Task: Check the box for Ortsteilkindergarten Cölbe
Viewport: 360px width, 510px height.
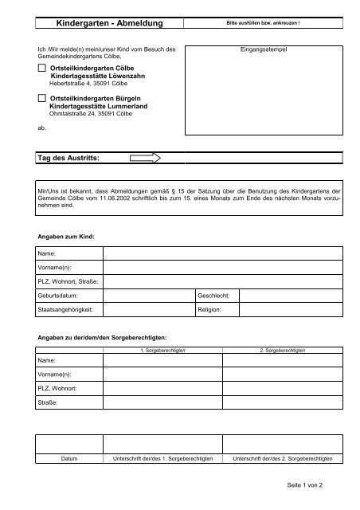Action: click(x=42, y=70)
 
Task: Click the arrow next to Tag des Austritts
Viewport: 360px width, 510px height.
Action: click(x=144, y=159)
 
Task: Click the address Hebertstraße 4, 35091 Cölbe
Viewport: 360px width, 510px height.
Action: click(x=88, y=84)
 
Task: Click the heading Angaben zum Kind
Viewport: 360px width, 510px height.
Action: click(x=66, y=237)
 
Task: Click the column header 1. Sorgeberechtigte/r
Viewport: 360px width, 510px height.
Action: click(x=162, y=350)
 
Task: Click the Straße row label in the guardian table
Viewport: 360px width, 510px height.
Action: click(x=49, y=402)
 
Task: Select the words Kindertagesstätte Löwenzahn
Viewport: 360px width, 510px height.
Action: click(x=95, y=77)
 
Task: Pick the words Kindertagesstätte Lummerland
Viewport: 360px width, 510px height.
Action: click(x=98, y=104)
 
